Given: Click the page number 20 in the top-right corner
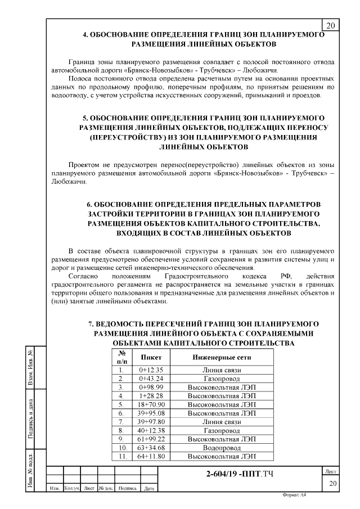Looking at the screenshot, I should (330, 25).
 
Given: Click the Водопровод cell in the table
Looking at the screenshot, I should (222, 447).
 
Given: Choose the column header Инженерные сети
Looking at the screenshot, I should (222, 357).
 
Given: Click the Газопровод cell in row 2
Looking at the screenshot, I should (222, 379).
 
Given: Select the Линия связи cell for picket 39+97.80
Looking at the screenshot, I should (222, 421).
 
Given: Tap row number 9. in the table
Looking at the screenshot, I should (121, 438).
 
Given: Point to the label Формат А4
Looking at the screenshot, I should (298, 502).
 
